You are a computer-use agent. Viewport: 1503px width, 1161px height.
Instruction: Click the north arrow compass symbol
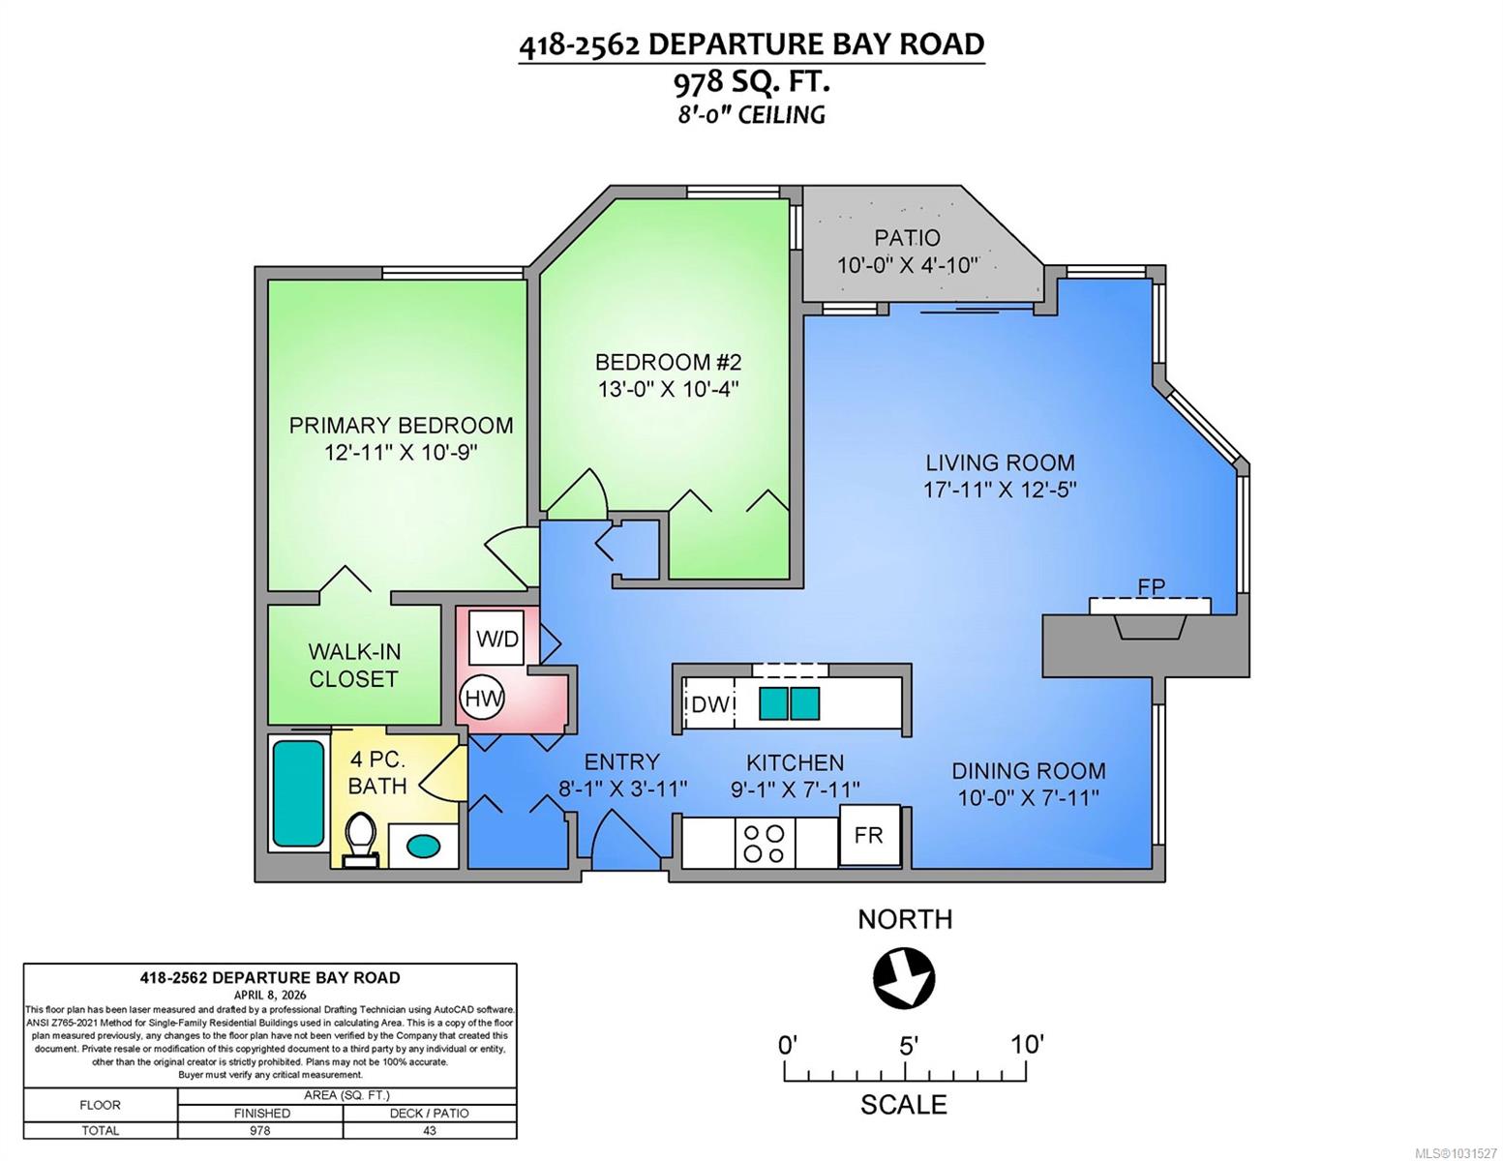[904, 979]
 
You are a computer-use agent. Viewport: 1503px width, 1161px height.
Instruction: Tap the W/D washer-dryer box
[496, 639]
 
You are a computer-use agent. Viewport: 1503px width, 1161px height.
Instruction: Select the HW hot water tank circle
[482, 699]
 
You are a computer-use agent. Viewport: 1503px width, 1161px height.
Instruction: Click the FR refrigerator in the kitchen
[869, 835]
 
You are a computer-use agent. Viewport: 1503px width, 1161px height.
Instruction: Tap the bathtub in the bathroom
[299, 793]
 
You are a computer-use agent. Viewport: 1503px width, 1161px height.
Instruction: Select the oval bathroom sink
[423, 845]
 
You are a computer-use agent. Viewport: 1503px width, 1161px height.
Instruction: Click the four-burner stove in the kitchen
[765, 843]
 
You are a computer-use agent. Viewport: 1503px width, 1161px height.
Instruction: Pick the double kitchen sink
[789, 703]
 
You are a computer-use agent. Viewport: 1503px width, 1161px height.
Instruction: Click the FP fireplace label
[1151, 586]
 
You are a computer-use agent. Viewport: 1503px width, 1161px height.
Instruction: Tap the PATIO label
[907, 238]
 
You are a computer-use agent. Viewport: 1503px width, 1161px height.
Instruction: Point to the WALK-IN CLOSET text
[354, 665]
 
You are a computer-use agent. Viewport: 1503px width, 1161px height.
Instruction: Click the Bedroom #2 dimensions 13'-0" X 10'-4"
[668, 389]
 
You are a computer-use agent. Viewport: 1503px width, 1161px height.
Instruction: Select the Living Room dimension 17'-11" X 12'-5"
[1000, 490]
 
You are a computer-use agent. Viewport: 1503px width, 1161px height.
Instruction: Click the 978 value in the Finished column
[260, 1130]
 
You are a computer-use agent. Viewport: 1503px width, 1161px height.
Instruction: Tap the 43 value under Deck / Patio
[430, 1130]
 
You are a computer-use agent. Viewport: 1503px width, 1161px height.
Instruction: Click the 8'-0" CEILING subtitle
[751, 114]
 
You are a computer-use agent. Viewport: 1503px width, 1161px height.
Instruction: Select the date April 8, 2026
[270, 995]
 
